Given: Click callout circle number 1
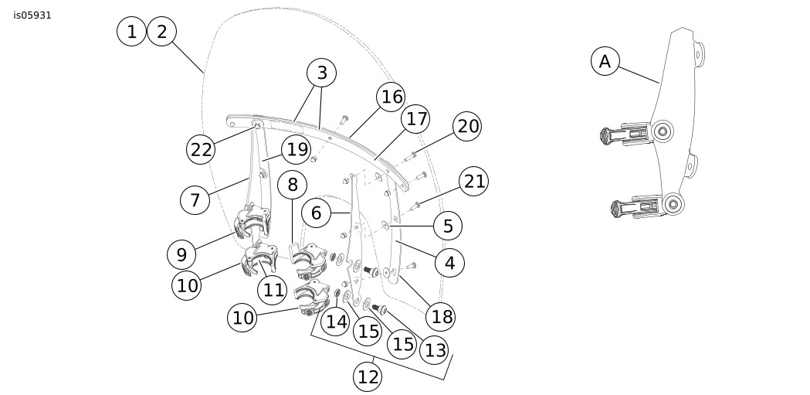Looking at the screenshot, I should pyautogui.click(x=132, y=32).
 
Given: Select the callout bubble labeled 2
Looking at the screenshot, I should pyautogui.click(x=162, y=32).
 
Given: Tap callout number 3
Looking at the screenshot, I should pyautogui.click(x=322, y=73).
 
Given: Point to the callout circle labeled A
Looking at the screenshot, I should pyautogui.click(x=605, y=61).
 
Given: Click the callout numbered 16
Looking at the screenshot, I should pyautogui.click(x=391, y=97).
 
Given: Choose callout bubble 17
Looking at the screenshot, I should pyautogui.click(x=416, y=120).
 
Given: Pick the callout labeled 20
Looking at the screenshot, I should pyautogui.click(x=468, y=126).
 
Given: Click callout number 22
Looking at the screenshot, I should pyautogui.click(x=202, y=149).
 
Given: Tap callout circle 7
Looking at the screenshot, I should pyautogui.click(x=195, y=200).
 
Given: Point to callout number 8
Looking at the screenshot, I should pyautogui.click(x=292, y=185).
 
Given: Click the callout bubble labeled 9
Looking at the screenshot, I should pyautogui.click(x=181, y=254).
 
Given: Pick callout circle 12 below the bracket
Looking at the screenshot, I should pyautogui.click(x=368, y=376).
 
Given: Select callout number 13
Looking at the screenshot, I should pyautogui.click(x=436, y=349).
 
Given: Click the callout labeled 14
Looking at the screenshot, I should pyautogui.click(x=336, y=321).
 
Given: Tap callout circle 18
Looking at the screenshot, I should pyautogui.click(x=442, y=315).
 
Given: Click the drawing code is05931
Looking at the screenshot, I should pyautogui.click(x=32, y=15).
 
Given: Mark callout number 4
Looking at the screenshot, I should pyautogui.click(x=449, y=262).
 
